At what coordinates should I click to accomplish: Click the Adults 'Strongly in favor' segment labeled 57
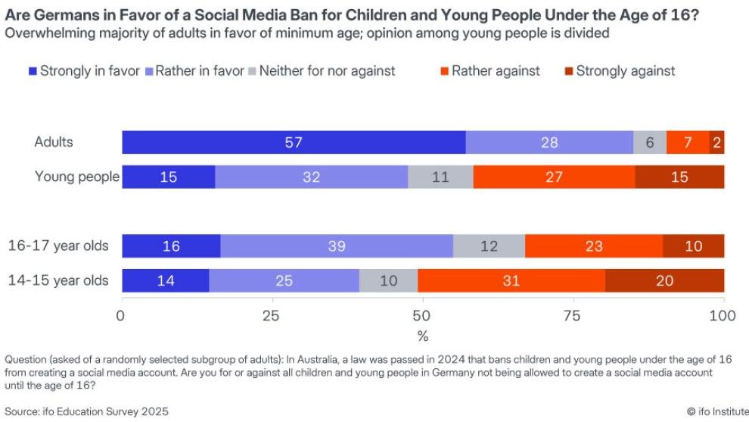pyautogui.click(x=294, y=142)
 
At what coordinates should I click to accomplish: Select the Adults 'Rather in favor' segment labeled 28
pyautogui.click(x=549, y=142)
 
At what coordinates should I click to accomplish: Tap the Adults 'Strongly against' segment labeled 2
pyautogui.click(x=716, y=142)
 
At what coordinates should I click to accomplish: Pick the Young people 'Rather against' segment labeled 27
pyautogui.click(x=554, y=177)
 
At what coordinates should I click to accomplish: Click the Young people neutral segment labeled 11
pyautogui.click(x=440, y=177)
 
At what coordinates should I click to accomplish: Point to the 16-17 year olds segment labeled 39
pyautogui.click(x=337, y=246)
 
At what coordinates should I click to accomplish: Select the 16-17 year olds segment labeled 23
pyautogui.click(x=594, y=246)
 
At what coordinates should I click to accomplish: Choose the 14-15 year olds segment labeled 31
pyautogui.click(x=511, y=280)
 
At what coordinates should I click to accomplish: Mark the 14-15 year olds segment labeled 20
pyautogui.click(x=664, y=280)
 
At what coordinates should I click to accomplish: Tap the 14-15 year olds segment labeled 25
pyautogui.click(x=284, y=280)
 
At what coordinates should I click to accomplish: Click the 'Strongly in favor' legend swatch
pyautogui.click(x=33, y=71)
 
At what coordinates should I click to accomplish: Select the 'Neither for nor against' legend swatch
pyautogui.click(x=252, y=71)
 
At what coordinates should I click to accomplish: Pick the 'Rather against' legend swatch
pyautogui.click(x=444, y=71)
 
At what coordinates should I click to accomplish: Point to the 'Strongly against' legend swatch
pyautogui.click(x=568, y=71)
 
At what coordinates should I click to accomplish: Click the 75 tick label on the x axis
pyautogui.click(x=573, y=314)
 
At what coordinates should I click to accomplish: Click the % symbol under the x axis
pyautogui.click(x=423, y=335)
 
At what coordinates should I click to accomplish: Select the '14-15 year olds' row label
pyautogui.click(x=58, y=280)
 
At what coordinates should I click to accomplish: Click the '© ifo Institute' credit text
pyautogui.click(x=712, y=411)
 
